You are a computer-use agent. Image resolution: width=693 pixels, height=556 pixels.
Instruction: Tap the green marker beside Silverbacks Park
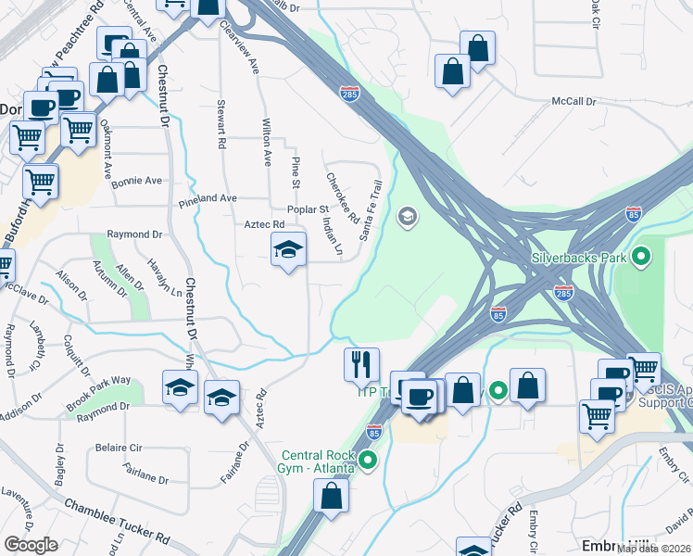(x=639, y=256)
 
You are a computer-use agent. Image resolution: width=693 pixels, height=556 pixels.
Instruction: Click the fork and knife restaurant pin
(x=361, y=363)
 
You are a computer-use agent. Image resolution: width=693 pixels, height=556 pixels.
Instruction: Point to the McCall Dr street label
(x=573, y=100)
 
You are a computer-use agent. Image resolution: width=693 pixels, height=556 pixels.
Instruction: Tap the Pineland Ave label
(x=208, y=198)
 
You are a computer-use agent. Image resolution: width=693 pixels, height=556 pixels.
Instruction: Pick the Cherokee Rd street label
(x=342, y=197)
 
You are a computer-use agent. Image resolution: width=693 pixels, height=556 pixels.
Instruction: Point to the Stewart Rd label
(x=221, y=124)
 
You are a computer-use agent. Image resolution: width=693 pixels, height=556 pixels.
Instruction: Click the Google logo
(x=31, y=545)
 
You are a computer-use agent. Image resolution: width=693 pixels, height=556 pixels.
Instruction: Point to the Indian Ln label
(x=332, y=236)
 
